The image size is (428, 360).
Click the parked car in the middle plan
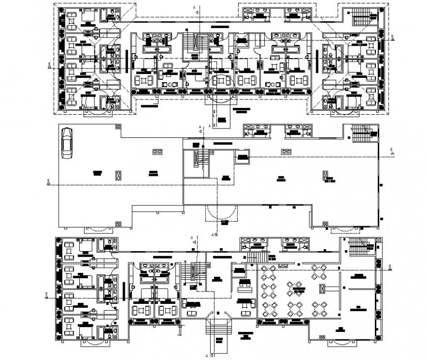67,142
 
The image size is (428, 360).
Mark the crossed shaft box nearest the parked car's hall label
118,174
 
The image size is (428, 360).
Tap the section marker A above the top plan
195,7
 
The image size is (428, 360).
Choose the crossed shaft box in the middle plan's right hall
324,175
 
